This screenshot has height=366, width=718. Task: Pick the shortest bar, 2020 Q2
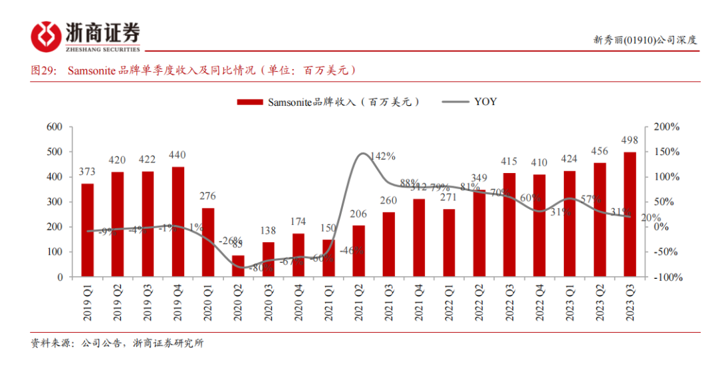(238, 266)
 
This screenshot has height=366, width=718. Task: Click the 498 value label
(630, 140)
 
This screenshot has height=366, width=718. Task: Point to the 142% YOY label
(383, 156)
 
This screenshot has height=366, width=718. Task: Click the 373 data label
(87, 172)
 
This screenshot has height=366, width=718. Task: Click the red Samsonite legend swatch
(251, 102)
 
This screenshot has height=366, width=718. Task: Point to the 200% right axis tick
(666, 127)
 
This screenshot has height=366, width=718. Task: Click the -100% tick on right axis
(665, 277)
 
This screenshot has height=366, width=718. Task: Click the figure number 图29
(45, 70)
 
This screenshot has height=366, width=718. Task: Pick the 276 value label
(207, 196)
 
